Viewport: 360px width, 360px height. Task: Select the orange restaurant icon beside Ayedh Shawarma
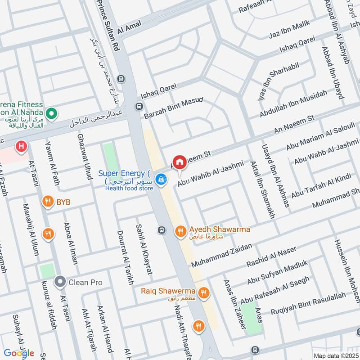(x=180, y=231)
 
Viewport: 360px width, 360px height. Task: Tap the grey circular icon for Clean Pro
(x=60, y=282)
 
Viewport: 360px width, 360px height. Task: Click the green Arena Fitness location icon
(x=52, y=112)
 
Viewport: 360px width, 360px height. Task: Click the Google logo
(x=19, y=353)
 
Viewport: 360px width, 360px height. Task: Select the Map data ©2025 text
(x=335, y=355)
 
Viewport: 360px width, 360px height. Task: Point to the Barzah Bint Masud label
(x=174, y=108)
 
